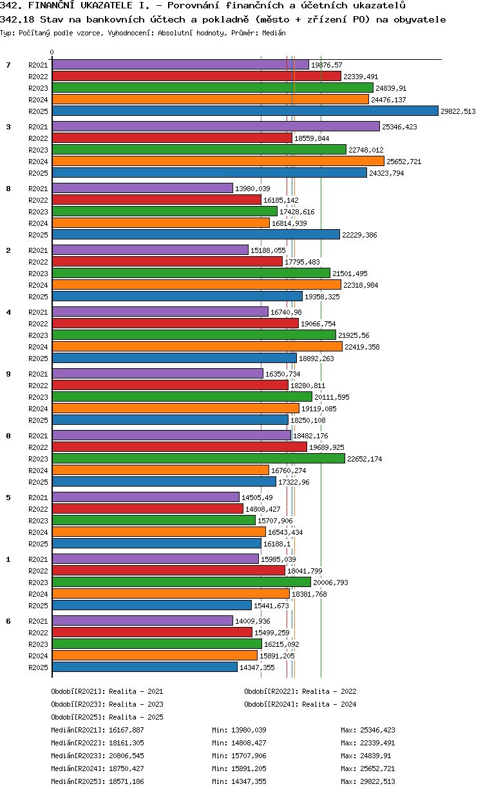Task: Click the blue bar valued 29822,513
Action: click(x=245, y=111)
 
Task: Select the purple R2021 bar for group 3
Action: click(x=216, y=127)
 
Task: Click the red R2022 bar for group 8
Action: click(x=156, y=200)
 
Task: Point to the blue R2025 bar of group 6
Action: click(x=145, y=667)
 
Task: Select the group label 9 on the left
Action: click(x=8, y=374)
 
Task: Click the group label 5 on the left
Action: click(x=8, y=498)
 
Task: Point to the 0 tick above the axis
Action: click(x=52, y=53)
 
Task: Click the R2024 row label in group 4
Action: click(x=38, y=347)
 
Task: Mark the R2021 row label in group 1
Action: click(x=38, y=559)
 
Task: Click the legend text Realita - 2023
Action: click(x=136, y=704)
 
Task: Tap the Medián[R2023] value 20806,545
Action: click(x=126, y=756)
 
